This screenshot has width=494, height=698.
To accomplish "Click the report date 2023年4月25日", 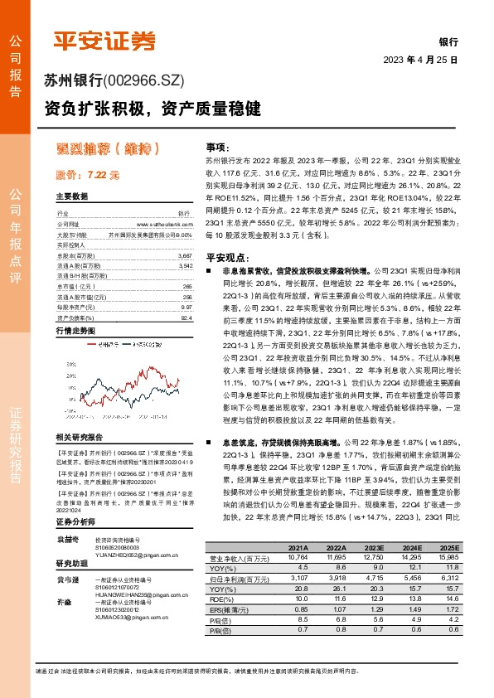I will click(420, 61).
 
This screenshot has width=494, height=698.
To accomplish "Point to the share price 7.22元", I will click(88, 176).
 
